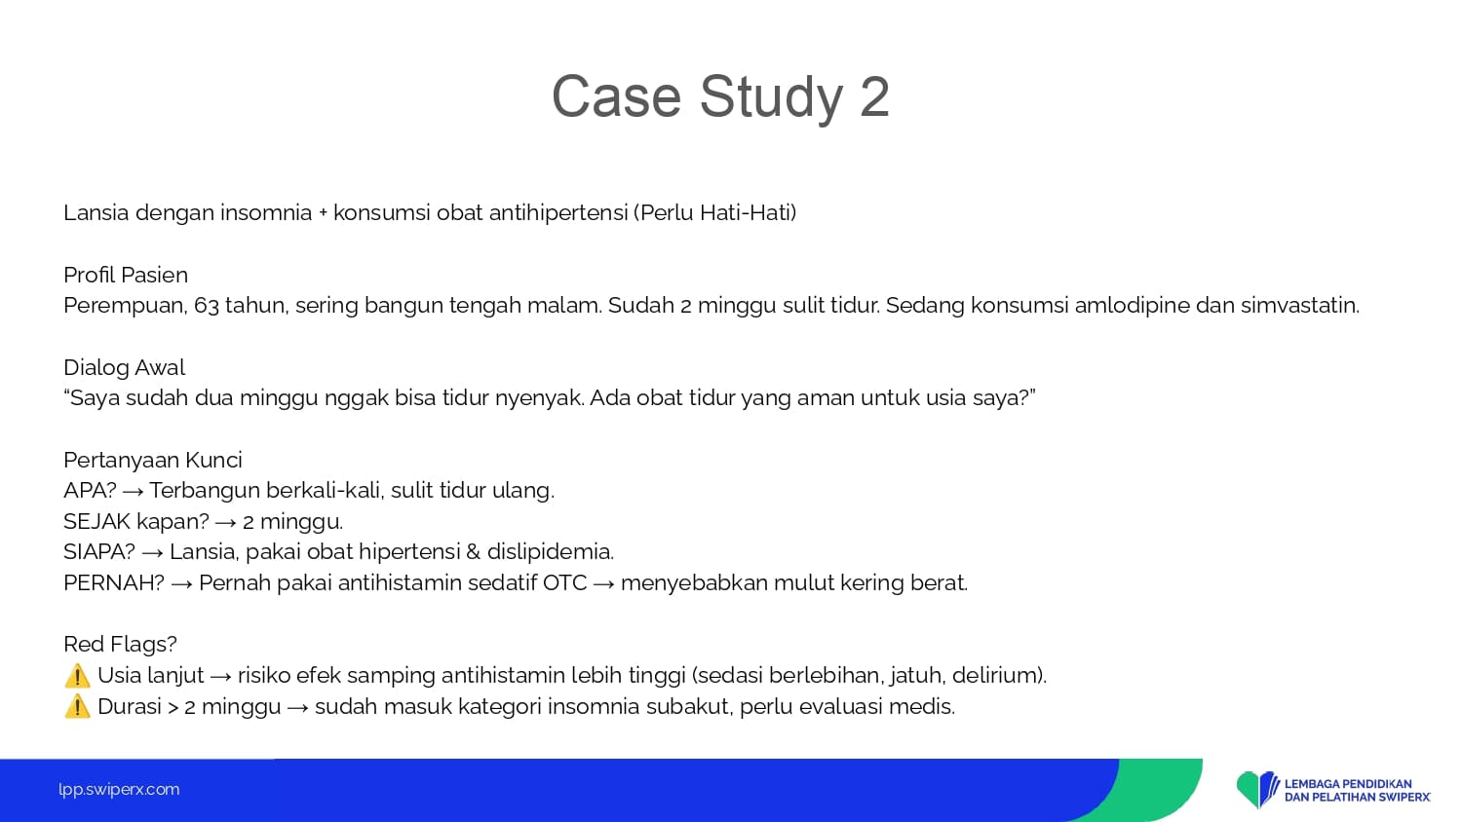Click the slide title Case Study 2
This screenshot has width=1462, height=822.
[720, 96]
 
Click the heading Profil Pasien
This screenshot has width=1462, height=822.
[126, 275]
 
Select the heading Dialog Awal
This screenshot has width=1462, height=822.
[124, 367]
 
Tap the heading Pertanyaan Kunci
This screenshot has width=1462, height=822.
[153, 460]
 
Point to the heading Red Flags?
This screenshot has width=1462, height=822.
[120, 644]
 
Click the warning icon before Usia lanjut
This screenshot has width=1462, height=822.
[77, 676]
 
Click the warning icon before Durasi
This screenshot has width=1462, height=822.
[77, 706]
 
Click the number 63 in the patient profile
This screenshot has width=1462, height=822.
[207, 306]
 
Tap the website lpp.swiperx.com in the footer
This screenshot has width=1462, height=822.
[119, 790]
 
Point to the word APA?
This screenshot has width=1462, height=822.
[90, 490]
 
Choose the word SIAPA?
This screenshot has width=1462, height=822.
[99, 552]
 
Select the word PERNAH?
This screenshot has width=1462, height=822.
[114, 582]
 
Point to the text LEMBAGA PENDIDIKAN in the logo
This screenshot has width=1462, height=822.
[1347, 783]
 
